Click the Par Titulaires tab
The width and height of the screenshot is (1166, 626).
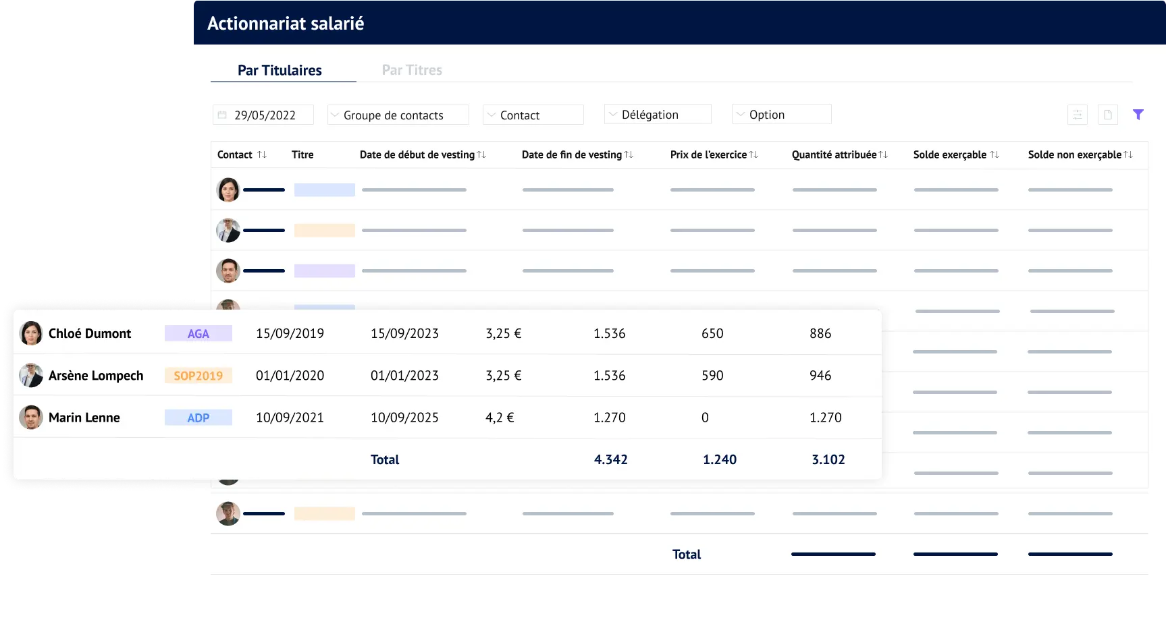pyautogui.click(x=280, y=70)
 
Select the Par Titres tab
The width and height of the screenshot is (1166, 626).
pyautogui.click(x=412, y=70)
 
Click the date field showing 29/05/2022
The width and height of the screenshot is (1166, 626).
pyautogui.click(x=263, y=115)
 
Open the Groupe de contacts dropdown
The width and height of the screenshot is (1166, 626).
pyautogui.click(x=398, y=115)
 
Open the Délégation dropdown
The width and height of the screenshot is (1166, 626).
pyautogui.click(x=658, y=115)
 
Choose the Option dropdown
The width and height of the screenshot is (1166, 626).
pyautogui.click(x=781, y=115)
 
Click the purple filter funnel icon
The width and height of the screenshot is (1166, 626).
pyautogui.click(x=1138, y=115)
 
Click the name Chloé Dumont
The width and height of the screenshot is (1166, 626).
pyautogui.click(x=90, y=333)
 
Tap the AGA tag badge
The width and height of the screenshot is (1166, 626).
pyautogui.click(x=198, y=333)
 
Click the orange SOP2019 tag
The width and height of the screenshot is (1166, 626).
pyautogui.click(x=198, y=376)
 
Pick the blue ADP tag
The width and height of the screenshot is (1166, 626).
pyautogui.click(x=198, y=418)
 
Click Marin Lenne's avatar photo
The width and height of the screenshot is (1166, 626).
pyautogui.click(x=31, y=418)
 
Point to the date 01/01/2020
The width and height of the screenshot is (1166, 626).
pyautogui.click(x=290, y=376)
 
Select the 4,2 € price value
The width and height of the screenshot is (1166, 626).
pyautogui.click(x=500, y=418)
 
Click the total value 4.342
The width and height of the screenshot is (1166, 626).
pyautogui.click(x=610, y=459)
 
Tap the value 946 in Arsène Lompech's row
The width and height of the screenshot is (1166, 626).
pyautogui.click(x=820, y=376)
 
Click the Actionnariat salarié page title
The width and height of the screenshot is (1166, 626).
pyautogui.click(x=286, y=24)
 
